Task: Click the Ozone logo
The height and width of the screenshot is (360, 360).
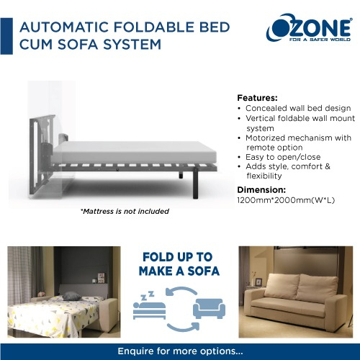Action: click(310, 27)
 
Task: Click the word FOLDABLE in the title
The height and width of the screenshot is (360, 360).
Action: click(155, 27)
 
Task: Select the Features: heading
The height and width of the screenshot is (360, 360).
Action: click(257, 98)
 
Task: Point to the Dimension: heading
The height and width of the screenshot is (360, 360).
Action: click(261, 190)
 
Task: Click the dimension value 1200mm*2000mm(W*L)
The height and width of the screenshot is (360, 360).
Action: click(286, 200)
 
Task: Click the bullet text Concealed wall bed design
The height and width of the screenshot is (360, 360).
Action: click(298, 108)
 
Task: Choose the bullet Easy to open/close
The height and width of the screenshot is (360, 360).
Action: click(283, 157)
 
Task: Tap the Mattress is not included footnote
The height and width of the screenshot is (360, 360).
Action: click(125, 211)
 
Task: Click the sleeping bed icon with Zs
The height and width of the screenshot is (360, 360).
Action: click(149, 305)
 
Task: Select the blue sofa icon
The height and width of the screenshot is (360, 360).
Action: click(209, 308)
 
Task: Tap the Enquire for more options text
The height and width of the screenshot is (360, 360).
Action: click(180, 351)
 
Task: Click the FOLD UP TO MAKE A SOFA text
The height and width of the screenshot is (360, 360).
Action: click(179, 264)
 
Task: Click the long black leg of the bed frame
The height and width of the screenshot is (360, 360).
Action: click(196, 183)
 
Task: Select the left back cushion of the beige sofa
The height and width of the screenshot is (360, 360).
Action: click(282, 286)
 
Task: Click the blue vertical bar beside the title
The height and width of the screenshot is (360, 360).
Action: click(6, 36)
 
